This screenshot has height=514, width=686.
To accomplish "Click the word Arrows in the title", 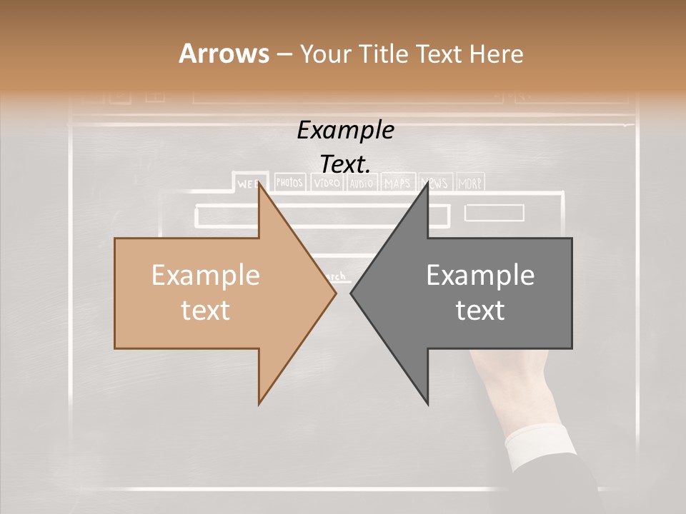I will point(224,54).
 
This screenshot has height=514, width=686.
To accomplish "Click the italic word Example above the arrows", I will point(345,130).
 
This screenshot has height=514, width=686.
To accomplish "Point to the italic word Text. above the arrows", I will point(345,164).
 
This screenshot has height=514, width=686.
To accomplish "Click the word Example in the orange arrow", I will point(205,276).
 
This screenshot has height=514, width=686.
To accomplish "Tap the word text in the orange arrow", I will point(205,311).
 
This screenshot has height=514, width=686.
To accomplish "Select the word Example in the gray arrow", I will point(480,276).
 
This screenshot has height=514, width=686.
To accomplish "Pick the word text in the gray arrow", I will point(480,311).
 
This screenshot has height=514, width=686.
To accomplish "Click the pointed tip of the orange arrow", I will point(334,293).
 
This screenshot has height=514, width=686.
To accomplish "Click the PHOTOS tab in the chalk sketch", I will point(289,183).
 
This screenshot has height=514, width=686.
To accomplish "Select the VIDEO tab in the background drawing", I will point(327,183).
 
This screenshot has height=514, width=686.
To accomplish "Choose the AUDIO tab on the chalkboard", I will point(362,183).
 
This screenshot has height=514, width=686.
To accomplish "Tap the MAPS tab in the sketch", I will point(397,183).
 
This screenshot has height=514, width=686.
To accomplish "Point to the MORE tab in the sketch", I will point(469,183).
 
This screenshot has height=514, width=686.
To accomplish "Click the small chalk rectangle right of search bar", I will point(494,213).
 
